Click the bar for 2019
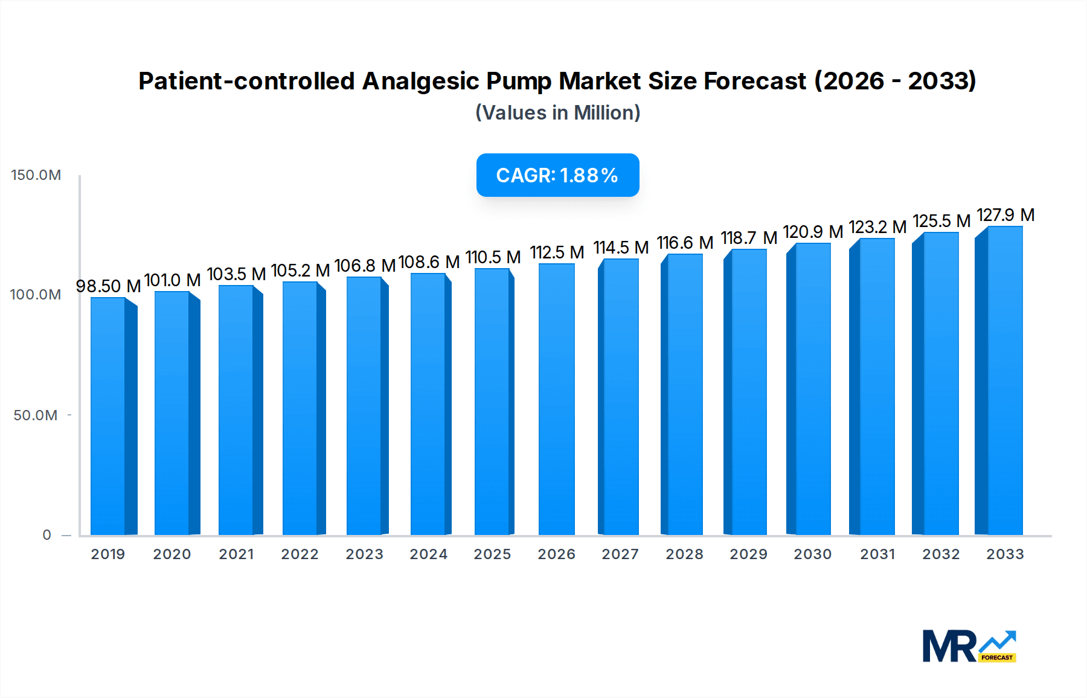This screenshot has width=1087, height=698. (109, 417)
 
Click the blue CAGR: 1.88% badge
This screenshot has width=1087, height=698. (557, 175)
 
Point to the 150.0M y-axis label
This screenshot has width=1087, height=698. (36, 175)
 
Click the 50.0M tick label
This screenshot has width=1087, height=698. (36, 415)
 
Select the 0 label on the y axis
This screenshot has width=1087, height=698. (46, 535)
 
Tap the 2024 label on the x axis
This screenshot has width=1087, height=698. (428, 554)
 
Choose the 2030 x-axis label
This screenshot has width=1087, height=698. (812, 554)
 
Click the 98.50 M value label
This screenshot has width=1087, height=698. (108, 286)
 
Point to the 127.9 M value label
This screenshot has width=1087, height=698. (1005, 215)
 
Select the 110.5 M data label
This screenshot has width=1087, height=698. (493, 257)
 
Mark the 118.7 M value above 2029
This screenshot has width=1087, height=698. (749, 238)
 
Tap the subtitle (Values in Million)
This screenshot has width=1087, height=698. (557, 113)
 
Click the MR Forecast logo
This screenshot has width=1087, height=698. (969, 646)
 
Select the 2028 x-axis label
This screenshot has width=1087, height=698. (684, 554)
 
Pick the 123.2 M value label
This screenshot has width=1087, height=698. (877, 227)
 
